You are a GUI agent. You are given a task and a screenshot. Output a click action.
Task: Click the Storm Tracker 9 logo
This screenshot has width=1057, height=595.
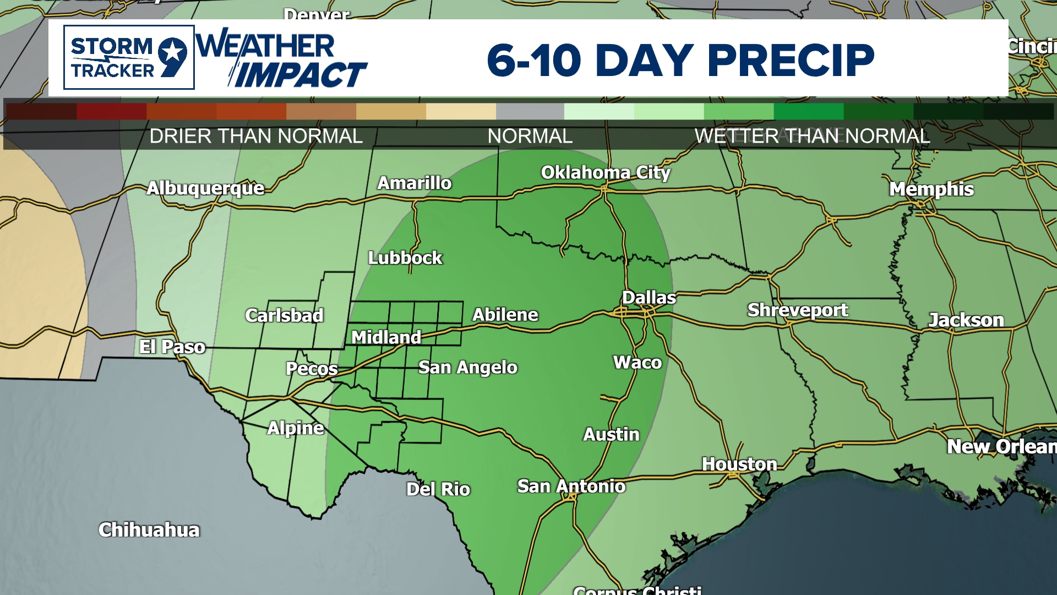pos(129,57)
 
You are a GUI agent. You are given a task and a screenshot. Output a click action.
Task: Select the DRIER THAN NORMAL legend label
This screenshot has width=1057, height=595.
pos(256,136)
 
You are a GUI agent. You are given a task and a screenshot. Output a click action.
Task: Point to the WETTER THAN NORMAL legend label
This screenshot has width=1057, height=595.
pos(812,136)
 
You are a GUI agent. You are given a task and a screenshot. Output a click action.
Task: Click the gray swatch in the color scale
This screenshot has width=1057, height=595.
pos(530,111)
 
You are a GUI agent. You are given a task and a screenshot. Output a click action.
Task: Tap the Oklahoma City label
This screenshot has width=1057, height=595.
pos(606,173)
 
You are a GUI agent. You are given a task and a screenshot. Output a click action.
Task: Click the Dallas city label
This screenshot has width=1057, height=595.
pos(649,298)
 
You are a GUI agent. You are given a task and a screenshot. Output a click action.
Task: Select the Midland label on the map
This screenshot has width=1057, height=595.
pos(386,337)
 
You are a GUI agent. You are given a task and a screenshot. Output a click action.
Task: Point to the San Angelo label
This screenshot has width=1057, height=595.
pos(467,367)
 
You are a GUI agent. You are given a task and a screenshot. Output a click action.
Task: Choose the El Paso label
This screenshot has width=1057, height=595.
pos(172,347)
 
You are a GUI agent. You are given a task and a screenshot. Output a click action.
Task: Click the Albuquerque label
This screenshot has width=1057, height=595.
pos(205,188)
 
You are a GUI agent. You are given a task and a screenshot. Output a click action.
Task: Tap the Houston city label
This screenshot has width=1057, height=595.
pos(739,464)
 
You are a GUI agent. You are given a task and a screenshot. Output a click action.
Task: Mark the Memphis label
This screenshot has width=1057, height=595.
pos(931,190)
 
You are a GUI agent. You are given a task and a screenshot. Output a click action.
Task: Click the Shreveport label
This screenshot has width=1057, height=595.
pos(797,310)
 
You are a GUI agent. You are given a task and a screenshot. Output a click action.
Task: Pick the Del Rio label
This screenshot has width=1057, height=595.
pos(438,489)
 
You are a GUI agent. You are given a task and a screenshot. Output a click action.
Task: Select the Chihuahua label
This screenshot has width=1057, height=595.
pos(149,530)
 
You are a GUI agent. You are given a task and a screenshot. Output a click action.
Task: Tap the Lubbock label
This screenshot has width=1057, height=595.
pos(405,258)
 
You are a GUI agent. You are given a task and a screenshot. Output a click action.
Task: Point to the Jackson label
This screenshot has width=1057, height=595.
pos(966,320)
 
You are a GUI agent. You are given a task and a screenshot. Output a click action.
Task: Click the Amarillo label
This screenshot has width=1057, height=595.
pos(414,183)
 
